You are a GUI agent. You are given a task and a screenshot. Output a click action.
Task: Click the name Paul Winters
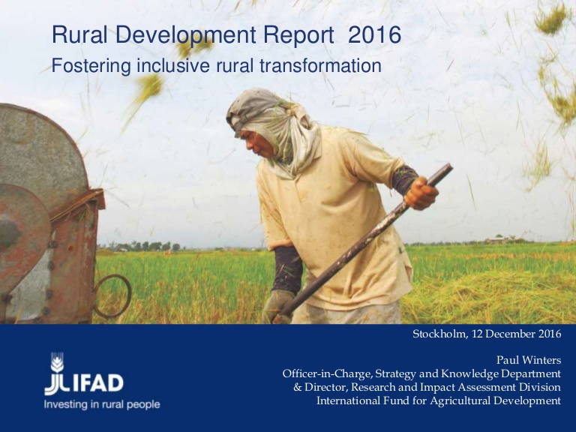tap(529, 360)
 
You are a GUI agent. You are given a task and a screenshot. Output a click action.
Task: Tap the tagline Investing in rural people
tap(102, 405)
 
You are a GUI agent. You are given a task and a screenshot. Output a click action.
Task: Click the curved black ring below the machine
tap(112, 295)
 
